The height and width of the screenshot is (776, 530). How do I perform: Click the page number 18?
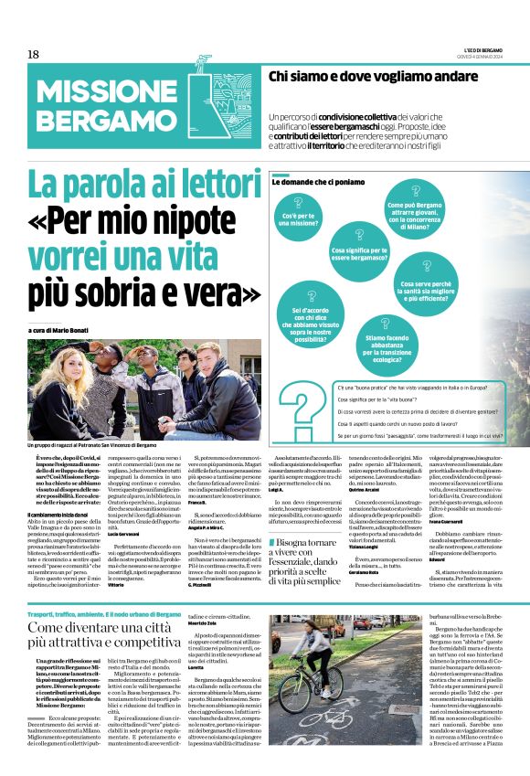[x=34, y=55]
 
